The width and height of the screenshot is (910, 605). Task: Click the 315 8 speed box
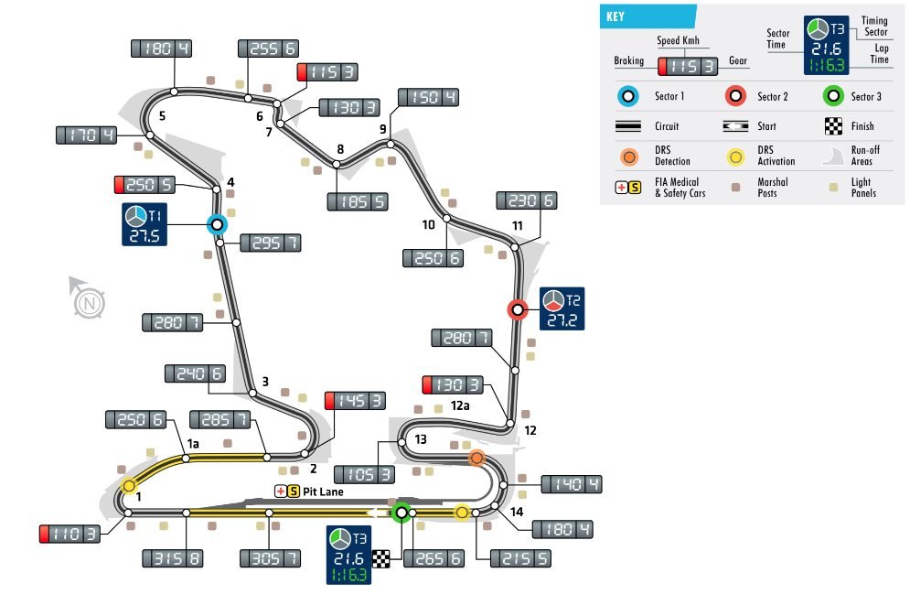173,557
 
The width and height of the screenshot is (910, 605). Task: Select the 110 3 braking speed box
70,534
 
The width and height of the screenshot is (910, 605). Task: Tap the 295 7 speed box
272,243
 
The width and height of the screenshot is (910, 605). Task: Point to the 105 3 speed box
365,473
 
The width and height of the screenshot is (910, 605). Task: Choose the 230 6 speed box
526,200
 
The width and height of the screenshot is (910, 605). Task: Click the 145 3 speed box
356,400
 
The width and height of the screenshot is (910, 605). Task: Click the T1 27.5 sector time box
146,225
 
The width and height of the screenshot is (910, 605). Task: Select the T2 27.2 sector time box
562,308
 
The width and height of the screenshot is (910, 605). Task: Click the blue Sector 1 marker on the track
217,224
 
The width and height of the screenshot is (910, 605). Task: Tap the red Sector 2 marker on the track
518,310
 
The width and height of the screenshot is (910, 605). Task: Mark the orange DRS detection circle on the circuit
476,458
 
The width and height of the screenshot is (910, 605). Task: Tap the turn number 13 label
420,439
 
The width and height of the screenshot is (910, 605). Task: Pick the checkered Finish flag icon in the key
833,126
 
